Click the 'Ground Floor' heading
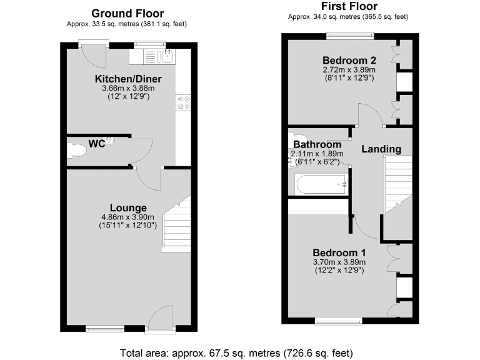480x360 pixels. (127, 13)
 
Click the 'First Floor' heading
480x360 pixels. (348, 6)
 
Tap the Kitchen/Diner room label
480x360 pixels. (128, 79)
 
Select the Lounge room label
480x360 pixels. (128, 208)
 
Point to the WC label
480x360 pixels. (96, 144)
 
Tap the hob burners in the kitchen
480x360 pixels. (183, 102)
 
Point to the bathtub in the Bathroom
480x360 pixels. (321, 184)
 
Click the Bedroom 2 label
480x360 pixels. (348, 61)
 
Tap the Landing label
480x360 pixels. (381, 149)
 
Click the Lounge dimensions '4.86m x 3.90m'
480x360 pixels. (128, 217)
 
